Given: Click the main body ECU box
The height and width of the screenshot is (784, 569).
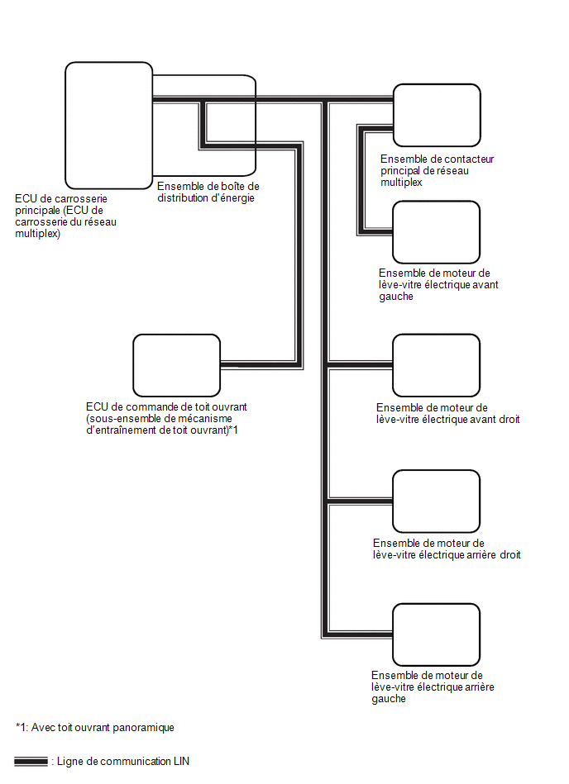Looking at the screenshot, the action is tap(108, 126).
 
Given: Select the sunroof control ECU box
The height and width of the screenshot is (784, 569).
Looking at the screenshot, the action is tap(177, 365).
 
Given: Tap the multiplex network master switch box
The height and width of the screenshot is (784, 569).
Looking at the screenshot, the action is tap(437, 116).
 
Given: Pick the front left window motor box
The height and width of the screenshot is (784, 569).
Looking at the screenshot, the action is tap(437, 232).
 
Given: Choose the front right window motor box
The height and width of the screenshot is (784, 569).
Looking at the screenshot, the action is tap(437, 365).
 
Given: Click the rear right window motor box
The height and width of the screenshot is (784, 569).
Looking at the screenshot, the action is tap(437, 501).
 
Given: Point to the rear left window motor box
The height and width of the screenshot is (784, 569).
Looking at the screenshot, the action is tap(437, 634).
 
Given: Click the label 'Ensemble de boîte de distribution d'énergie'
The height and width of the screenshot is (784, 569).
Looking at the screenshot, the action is tap(208, 192).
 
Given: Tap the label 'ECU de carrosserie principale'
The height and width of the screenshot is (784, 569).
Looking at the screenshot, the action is tap(61, 205).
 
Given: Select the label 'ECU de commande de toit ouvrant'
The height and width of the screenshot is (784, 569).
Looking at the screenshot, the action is tap(166, 407).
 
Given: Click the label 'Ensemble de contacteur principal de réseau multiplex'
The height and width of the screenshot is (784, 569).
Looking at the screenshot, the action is tap(437, 170).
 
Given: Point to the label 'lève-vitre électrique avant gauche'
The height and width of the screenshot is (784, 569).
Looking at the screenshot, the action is tap(438, 291).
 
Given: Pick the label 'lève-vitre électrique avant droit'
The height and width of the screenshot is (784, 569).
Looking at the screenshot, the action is tap(448, 419).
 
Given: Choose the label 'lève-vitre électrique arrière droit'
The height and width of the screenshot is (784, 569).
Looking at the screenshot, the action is tap(447, 554).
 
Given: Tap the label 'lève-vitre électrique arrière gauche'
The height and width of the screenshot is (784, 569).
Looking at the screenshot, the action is tap(433, 693).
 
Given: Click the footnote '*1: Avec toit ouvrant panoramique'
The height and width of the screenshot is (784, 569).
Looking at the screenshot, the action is tap(94, 727).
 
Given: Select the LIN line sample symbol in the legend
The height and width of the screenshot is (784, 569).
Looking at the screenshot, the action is tap(31, 762).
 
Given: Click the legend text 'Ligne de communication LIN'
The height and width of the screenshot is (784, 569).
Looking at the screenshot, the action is tap(123, 761).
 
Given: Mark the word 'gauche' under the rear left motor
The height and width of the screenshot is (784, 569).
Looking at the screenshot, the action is tap(389, 699).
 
